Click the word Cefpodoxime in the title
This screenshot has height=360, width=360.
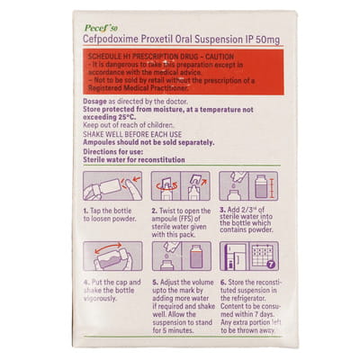click(119, 42)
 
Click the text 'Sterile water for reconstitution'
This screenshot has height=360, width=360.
click(134, 159)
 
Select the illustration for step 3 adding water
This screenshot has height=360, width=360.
click(247, 186)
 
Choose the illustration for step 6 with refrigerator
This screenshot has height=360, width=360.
click(247, 256)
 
